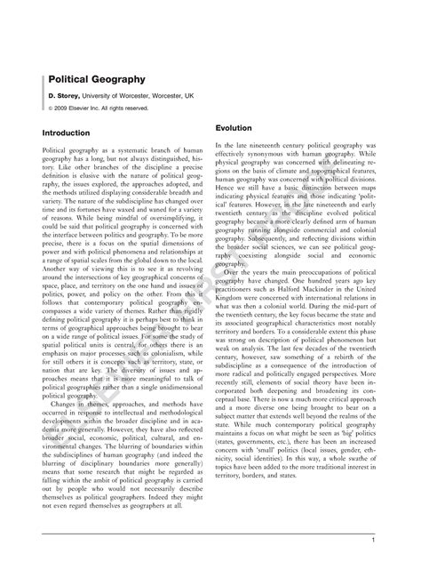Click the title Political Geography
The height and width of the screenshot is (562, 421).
click(84, 78)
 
